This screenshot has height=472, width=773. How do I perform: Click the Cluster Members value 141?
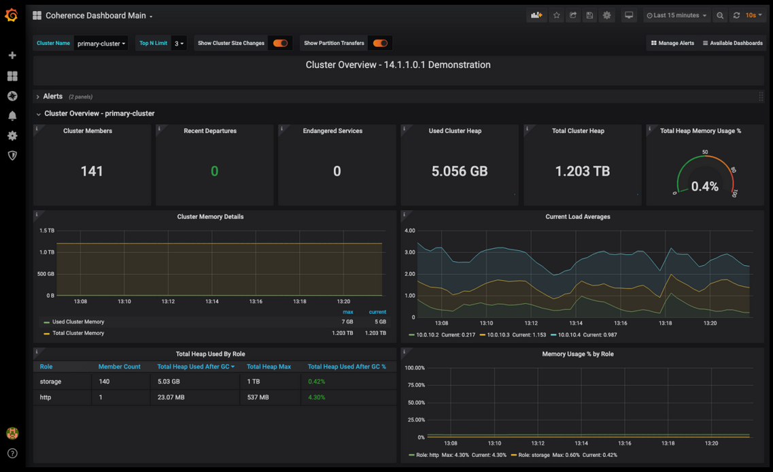click(x=92, y=171)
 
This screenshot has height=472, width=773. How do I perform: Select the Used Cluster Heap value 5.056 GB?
click(x=460, y=171)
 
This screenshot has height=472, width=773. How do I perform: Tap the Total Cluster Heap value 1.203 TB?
click(x=582, y=171)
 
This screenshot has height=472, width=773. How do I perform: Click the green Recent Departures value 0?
click(x=214, y=171)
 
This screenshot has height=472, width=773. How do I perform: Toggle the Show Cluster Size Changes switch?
click(x=280, y=44)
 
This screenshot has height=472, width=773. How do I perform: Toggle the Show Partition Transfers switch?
click(x=380, y=44)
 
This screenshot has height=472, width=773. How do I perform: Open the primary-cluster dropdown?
click(x=101, y=44)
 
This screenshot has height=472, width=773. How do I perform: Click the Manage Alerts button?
click(x=672, y=44)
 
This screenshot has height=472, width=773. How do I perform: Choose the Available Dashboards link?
click(x=732, y=44)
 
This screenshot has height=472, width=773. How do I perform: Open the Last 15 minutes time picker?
click(x=676, y=16)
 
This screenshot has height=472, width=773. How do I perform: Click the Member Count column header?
click(x=119, y=367)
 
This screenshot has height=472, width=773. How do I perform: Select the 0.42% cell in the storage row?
click(x=316, y=382)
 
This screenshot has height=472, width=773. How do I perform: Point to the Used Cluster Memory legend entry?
click(x=78, y=322)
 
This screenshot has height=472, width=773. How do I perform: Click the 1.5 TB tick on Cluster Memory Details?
click(x=46, y=231)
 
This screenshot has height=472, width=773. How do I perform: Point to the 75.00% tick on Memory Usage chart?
click(x=415, y=385)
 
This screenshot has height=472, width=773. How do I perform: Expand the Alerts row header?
click(x=52, y=97)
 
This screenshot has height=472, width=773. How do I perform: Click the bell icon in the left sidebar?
click(x=12, y=116)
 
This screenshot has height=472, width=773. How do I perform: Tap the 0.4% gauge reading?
click(x=704, y=186)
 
